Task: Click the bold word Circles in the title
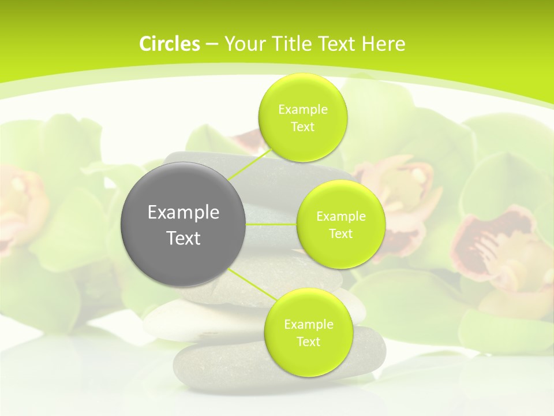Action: point(169,44)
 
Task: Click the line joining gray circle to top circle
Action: point(249,164)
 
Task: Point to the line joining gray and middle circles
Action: point(271,224)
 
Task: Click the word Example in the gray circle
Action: point(184,213)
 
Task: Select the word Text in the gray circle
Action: point(184,238)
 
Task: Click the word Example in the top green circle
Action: point(303,110)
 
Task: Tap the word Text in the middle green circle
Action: point(340,234)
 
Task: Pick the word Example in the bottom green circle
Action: point(308,325)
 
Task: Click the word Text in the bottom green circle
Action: point(308,342)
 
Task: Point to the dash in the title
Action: point(212,44)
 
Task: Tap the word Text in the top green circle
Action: point(302,127)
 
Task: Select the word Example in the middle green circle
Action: point(341,217)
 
